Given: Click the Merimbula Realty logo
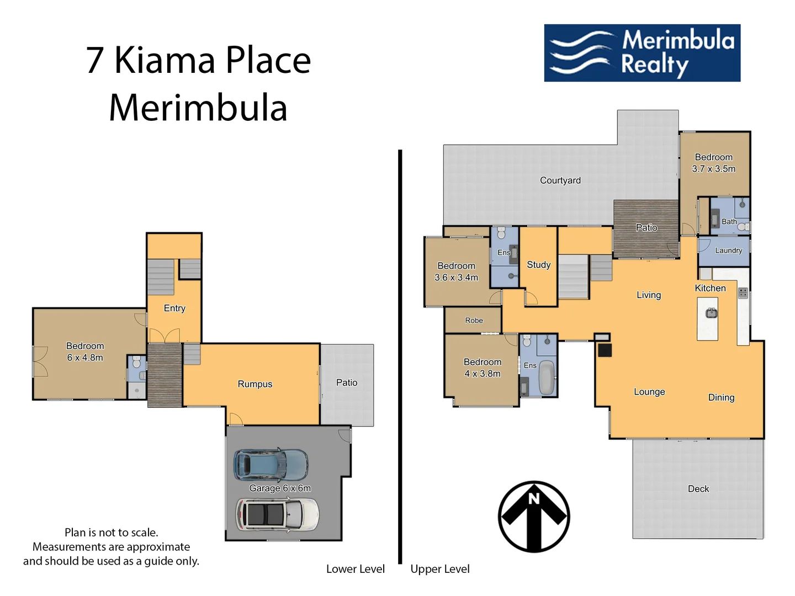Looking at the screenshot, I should (642, 53).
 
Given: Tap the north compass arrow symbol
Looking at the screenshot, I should (534, 517).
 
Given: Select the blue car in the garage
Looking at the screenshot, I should (271, 465).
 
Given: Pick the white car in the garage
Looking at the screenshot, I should (277, 514).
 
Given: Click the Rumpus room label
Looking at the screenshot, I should (255, 384).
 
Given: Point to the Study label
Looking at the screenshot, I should (538, 265).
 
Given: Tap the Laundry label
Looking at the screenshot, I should (728, 251).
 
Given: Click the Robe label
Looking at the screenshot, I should (474, 321).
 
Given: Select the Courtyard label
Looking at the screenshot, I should (560, 180).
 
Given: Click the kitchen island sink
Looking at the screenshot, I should (711, 313).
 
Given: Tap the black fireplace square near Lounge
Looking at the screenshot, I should (605, 350).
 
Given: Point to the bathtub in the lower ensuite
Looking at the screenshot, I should (546, 377).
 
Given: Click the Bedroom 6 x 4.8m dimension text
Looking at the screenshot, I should (85, 358).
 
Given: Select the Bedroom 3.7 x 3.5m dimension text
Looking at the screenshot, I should (713, 169).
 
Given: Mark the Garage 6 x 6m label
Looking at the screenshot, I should (280, 488).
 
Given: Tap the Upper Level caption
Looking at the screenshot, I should (439, 569).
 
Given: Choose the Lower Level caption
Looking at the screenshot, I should (355, 569).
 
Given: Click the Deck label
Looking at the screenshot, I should (698, 489).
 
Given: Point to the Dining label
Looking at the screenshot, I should (721, 397).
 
